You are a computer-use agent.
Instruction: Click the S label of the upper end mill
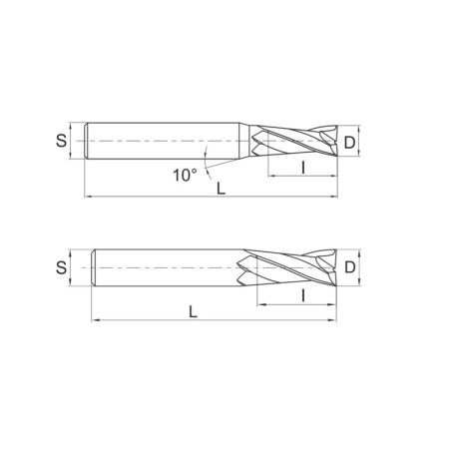(62, 143)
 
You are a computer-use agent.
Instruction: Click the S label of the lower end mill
(62, 267)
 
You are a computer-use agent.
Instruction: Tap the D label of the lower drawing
(349, 267)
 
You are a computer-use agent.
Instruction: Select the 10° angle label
(184, 176)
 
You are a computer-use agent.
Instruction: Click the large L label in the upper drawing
(219, 187)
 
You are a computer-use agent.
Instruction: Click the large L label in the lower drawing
(193, 311)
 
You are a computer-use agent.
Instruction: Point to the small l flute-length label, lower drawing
(299, 294)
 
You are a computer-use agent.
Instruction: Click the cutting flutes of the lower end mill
(289, 267)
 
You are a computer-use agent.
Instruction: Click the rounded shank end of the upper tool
(90, 143)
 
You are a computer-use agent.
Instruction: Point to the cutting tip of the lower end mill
(332, 267)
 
